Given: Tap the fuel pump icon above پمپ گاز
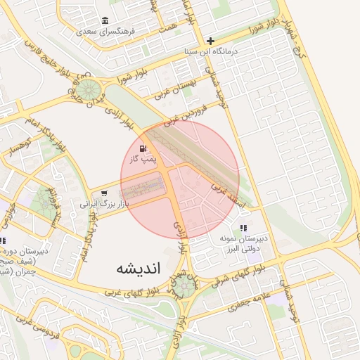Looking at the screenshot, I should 143,148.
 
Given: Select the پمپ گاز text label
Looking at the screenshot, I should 143,160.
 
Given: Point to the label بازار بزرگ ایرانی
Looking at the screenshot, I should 106,205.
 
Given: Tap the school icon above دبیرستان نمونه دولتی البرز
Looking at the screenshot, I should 243,228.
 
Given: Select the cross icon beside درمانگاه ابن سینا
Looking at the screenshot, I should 210,41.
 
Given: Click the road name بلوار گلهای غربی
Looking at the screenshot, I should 134,289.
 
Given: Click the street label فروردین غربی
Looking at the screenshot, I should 185,112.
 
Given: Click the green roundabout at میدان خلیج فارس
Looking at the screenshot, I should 89,89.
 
